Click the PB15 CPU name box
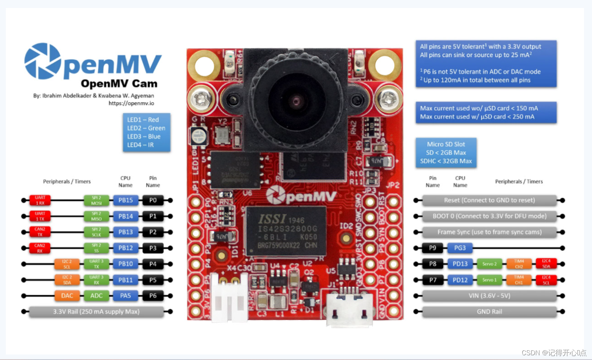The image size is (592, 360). pyautogui.click(x=126, y=200)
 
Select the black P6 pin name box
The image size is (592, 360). pyautogui.click(x=153, y=296)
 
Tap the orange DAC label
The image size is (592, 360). pyautogui.click(x=67, y=296)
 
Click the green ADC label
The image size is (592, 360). pyautogui.click(x=96, y=296)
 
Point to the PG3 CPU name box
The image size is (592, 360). pyautogui.click(x=460, y=248)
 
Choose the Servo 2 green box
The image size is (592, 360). pyautogui.click(x=489, y=264)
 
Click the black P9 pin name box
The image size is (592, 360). pyautogui.click(x=433, y=248)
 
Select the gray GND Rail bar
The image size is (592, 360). pyautogui.click(x=489, y=312)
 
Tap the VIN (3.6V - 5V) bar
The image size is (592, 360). pyautogui.click(x=489, y=296)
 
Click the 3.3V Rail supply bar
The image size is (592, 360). pyautogui.click(x=96, y=312)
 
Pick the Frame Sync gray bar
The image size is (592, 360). pyautogui.click(x=489, y=232)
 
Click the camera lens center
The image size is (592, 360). pyautogui.click(x=296, y=100)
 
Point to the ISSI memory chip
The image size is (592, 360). pyautogui.click(x=287, y=231)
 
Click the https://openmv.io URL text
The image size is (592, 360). pyautogui.click(x=131, y=103)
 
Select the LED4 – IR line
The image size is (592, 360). pyautogui.click(x=141, y=145)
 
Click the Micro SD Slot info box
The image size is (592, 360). pyautogui.click(x=446, y=153)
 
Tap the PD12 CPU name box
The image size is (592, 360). pyautogui.click(x=460, y=280)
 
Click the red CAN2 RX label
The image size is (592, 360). pyautogui.click(x=40, y=248)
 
